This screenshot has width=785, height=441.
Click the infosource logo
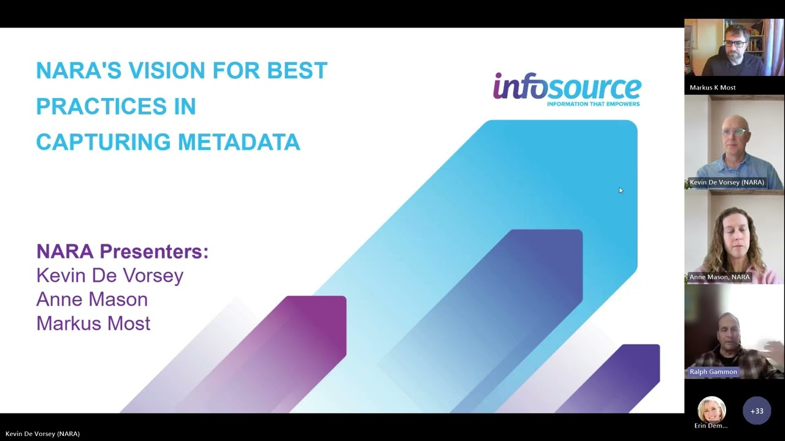coord(567,86)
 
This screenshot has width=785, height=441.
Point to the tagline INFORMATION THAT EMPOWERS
coord(593,104)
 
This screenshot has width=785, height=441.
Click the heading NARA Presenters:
coord(122,251)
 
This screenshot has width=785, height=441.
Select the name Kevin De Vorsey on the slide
coord(110,275)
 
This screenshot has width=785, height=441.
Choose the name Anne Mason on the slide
coord(92,299)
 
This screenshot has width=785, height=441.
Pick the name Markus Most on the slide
coord(93,323)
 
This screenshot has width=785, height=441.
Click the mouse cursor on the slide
coord(620,190)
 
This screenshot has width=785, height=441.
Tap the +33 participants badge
coord(757,411)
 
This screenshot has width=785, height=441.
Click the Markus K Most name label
coord(712,88)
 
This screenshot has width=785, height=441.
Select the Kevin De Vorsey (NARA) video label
coord(727,182)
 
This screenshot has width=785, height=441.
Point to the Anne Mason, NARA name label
coord(719,277)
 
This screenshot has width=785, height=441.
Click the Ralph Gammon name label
coord(713,372)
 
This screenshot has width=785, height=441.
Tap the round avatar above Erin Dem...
coord(711,409)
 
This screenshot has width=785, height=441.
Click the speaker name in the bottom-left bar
coord(42,434)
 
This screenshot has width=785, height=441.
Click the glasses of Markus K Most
coord(735,44)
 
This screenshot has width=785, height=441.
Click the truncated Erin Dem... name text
coord(711,426)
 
